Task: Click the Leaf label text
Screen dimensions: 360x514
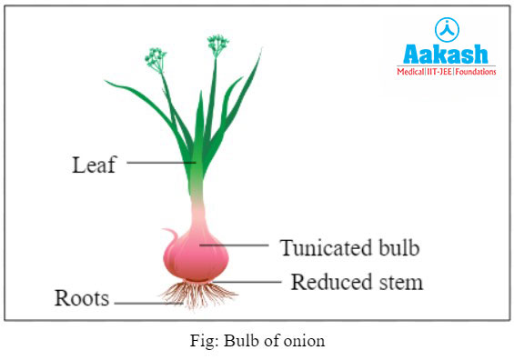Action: [94, 165]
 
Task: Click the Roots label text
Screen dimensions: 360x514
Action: [82, 298]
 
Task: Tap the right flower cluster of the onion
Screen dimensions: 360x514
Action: [217, 42]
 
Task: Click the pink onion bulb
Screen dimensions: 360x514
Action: [196, 255]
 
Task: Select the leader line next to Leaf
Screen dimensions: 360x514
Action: [160, 163]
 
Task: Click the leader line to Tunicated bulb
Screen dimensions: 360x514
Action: [236, 245]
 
